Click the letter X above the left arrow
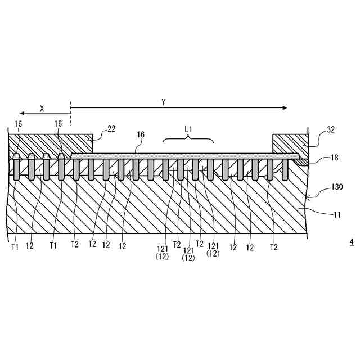coord(42,109)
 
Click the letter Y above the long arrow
coord(164,102)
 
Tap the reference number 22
coord(111,129)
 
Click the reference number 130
coord(336,186)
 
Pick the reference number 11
coord(336,213)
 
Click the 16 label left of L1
coord(141,135)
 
